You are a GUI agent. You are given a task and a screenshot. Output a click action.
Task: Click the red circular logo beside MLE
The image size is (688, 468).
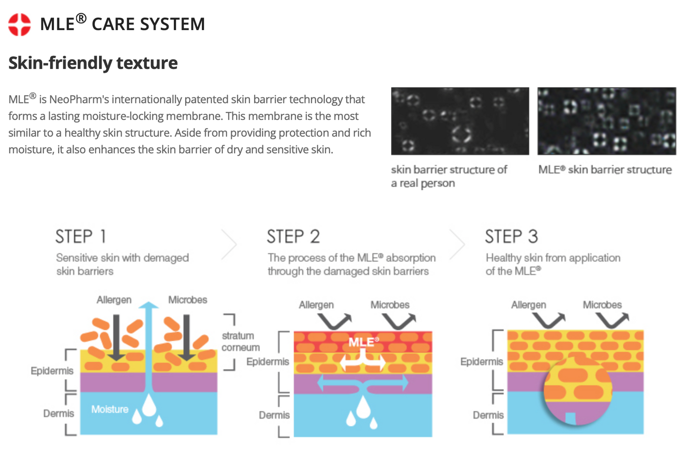pos(20,24)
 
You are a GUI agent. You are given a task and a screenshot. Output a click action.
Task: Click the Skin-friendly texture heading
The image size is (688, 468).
pos(93,63)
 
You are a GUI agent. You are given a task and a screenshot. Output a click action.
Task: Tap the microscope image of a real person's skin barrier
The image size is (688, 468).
pos(460,121)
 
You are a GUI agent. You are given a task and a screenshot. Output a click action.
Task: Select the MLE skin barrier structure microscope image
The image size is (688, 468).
pos(607,121)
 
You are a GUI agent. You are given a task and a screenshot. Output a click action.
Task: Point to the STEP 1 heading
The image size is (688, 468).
pos(80,237)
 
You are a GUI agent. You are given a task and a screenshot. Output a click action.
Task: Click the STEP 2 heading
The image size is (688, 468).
pos(293,237)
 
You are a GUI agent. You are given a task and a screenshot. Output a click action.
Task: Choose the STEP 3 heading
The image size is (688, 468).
pos(511,237)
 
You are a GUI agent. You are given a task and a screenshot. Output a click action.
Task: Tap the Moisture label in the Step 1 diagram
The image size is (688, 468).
pos(110,409)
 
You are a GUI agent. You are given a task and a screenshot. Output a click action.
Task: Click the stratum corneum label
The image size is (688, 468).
pos(240,341)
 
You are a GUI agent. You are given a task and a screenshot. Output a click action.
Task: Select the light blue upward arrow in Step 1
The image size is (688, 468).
pos(149,343)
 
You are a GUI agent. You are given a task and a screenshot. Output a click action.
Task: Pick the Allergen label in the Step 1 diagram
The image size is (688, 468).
pos(114,300)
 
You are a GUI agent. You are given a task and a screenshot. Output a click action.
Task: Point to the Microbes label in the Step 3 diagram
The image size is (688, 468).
pos(602,305)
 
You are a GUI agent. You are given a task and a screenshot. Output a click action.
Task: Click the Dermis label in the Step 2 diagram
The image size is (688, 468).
pos(274,415)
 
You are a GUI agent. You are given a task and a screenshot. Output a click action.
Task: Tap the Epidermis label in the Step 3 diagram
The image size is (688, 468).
pos(481,362)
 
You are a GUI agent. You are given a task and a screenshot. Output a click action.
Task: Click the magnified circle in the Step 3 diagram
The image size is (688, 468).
pos(578,390)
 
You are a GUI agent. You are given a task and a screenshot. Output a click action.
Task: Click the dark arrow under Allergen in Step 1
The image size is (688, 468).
pos(116,338)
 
